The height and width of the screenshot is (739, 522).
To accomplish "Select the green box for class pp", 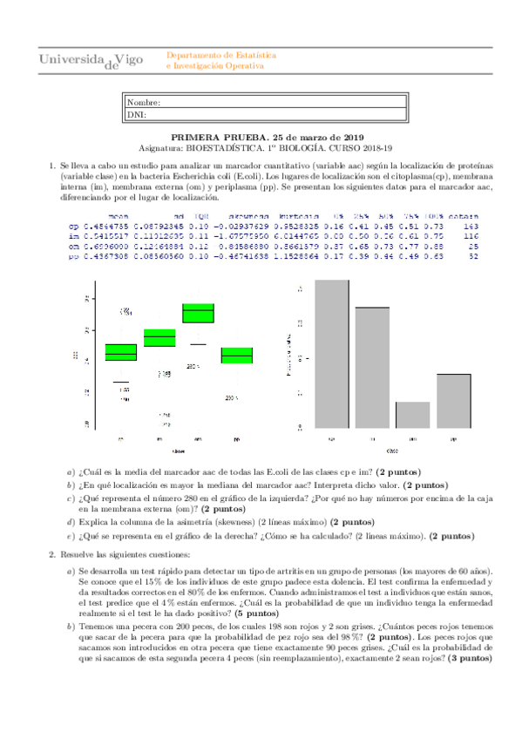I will pyautogui.click(x=237, y=356).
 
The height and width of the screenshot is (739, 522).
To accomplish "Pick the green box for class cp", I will pyautogui.click(x=121, y=351).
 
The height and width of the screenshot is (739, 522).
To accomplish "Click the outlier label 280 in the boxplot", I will pyautogui.click(x=193, y=367).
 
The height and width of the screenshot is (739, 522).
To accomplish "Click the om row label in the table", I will pyautogui.click(x=73, y=246).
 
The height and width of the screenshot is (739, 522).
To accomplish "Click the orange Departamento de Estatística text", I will pyautogui.click(x=220, y=54).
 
